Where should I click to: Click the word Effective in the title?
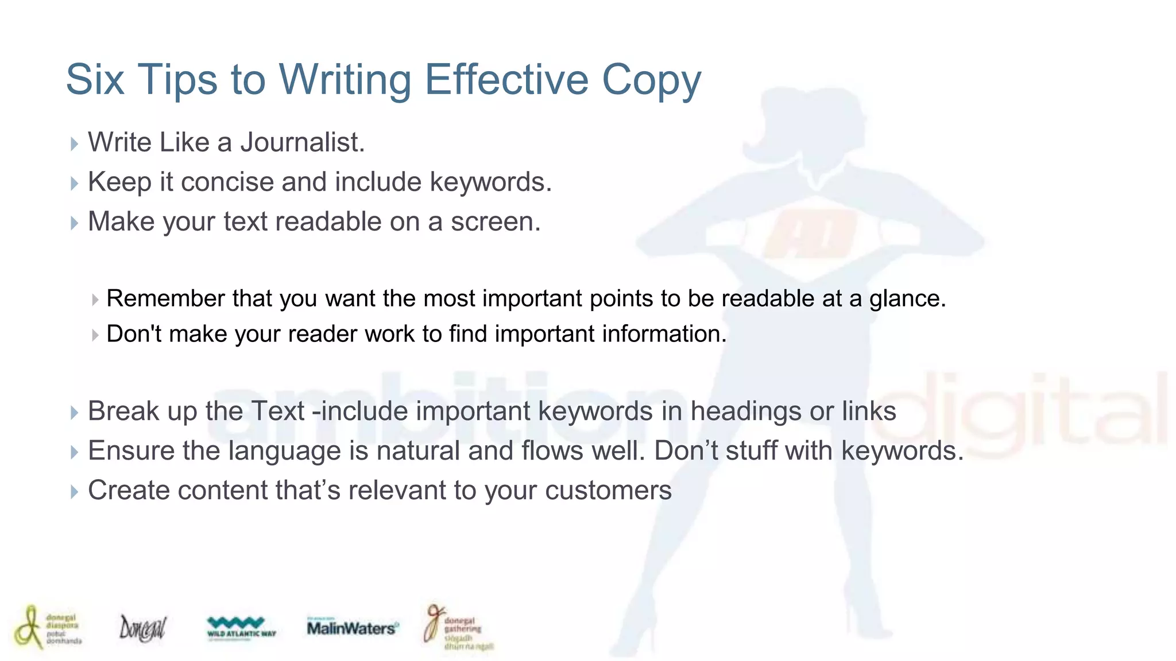(x=506, y=79)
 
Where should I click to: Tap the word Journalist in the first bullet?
(x=302, y=142)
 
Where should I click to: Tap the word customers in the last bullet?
(x=608, y=491)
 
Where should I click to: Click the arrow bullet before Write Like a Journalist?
(x=74, y=143)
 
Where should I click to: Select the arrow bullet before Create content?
(x=74, y=492)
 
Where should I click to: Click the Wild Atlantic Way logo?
(x=241, y=627)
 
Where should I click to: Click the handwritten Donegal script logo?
(x=142, y=628)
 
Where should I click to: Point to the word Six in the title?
(x=95, y=79)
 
